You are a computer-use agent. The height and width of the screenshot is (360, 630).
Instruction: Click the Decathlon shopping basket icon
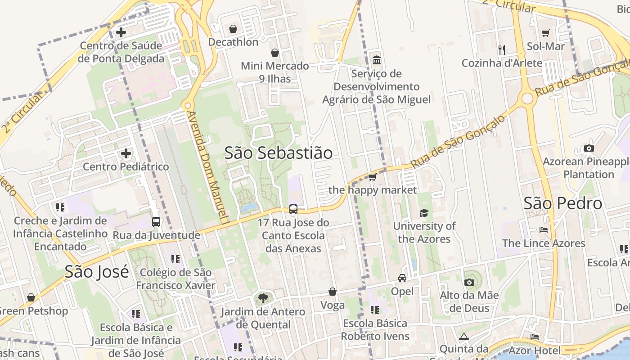pyautogui.click(x=233, y=29)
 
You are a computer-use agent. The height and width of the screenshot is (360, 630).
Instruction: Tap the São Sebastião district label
pyautogui.click(x=279, y=153)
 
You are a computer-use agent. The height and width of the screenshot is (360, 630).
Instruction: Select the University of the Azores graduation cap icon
pyautogui.click(x=424, y=213)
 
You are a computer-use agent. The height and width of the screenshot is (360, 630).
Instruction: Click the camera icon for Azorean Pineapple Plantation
pyautogui.click(x=589, y=148)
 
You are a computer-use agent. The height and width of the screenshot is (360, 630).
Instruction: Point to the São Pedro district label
pyautogui.click(x=562, y=203)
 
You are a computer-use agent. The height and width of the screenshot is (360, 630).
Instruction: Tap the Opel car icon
pyautogui.click(x=402, y=278)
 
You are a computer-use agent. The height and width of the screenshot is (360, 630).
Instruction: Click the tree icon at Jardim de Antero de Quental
pyautogui.click(x=263, y=298)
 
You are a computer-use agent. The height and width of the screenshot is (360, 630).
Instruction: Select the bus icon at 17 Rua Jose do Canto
pyautogui.click(x=293, y=209)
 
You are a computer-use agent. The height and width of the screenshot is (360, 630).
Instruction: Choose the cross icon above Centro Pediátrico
pyautogui.click(x=126, y=153)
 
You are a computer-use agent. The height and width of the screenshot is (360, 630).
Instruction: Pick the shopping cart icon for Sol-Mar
pyautogui.click(x=546, y=33)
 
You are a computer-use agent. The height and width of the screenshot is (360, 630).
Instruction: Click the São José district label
pyautogui.click(x=97, y=271)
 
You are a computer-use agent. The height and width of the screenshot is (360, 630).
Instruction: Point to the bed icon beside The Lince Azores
pyautogui.click(x=544, y=230)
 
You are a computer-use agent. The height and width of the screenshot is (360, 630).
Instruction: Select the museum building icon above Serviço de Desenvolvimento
pyautogui.click(x=376, y=60)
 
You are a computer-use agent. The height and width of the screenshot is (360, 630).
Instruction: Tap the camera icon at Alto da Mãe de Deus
pyautogui.click(x=469, y=282)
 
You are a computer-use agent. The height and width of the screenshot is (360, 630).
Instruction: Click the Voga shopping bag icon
pyautogui.click(x=333, y=292)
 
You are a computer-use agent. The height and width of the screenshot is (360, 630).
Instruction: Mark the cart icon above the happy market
pyautogui.click(x=373, y=177)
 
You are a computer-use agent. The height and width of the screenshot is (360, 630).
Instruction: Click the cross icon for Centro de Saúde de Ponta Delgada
pyautogui.click(x=121, y=32)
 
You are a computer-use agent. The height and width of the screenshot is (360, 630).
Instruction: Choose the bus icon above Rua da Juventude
pyautogui.click(x=156, y=222)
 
